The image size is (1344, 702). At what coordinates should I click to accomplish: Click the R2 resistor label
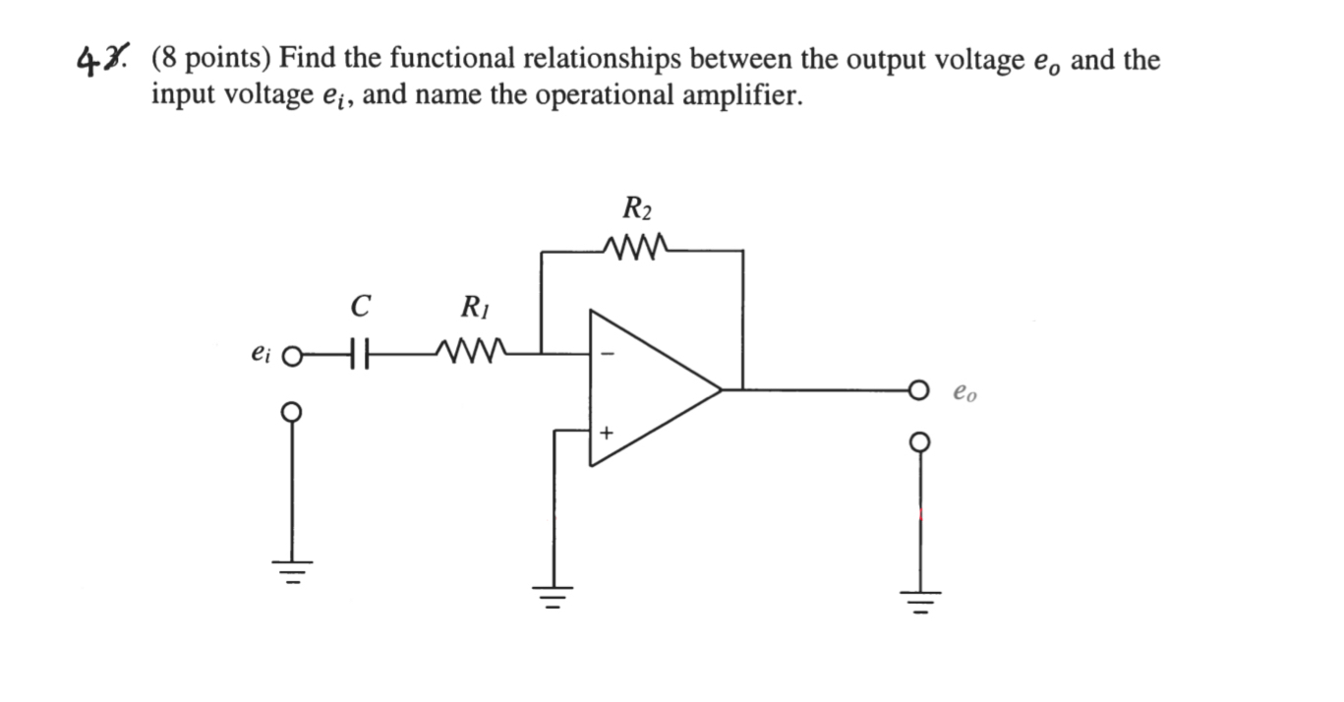[637, 208]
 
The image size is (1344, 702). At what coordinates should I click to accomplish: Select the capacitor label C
[360, 308]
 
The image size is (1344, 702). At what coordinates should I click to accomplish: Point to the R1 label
[475, 308]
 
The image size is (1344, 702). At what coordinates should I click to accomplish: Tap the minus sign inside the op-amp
[607, 356]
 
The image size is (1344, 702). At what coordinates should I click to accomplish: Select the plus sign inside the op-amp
[607, 432]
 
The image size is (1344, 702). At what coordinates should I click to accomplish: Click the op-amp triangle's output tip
[721, 389]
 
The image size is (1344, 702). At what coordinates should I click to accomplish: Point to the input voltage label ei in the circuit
[261, 352]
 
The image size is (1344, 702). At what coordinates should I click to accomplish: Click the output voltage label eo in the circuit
[964, 394]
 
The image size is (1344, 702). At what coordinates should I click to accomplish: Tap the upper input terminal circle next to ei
[290, 354]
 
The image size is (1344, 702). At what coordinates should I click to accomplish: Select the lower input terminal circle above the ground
[290, 411]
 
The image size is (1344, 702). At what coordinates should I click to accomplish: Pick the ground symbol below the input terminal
[290, 569]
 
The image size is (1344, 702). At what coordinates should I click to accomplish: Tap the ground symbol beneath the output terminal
[920, 598]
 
